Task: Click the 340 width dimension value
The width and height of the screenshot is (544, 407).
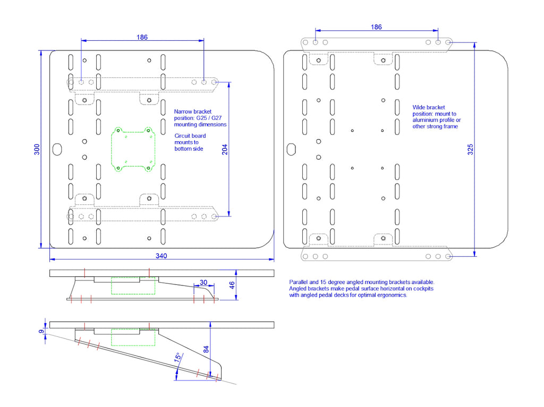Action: click(161, 256)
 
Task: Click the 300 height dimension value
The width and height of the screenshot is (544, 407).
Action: click(37, 150)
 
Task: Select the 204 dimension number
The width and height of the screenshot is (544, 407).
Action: click(225, 150)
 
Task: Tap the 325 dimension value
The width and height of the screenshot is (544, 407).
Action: click(470, 150)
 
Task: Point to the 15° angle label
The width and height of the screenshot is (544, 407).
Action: click(178, 358)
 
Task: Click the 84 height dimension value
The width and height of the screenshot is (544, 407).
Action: click(206, 350)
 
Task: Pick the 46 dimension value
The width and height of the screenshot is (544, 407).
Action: click(232, 285)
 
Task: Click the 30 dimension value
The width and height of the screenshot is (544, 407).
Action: click(203, 282)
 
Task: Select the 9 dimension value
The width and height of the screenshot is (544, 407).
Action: click(41, 332)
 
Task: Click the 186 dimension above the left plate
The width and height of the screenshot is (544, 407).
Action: click(142, 37)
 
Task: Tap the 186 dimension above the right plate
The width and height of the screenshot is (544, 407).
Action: click(377, 27)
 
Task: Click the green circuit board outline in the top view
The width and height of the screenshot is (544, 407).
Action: click(112, 150)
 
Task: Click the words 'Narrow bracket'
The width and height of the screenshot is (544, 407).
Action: click(192, 111)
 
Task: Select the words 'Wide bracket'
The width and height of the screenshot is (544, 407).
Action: click(429, 108)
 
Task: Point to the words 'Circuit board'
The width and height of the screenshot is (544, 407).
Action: click(190, 136)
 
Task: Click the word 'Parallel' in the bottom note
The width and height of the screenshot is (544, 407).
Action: click(299, 282)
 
